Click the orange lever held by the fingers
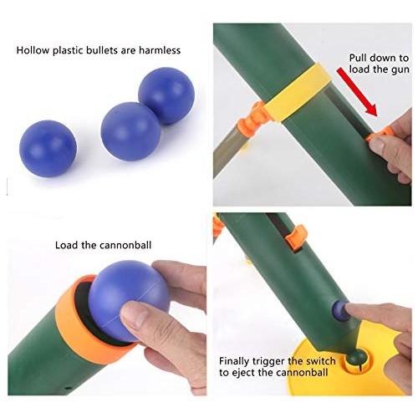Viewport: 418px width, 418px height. tap(380, 131)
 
